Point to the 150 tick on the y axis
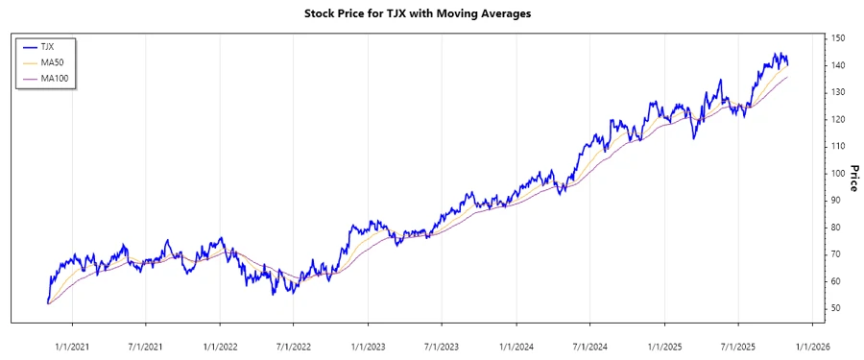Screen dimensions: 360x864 pos(838,38)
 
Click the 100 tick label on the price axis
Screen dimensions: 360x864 pos(838,173)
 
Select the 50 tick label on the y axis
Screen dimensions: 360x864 pos(836,308)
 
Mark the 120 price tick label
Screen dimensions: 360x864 pos(838,119)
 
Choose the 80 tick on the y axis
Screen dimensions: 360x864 pos(836,228)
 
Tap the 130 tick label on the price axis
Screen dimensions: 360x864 pos(838,92)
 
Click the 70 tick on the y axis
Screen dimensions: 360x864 pos(836,254)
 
